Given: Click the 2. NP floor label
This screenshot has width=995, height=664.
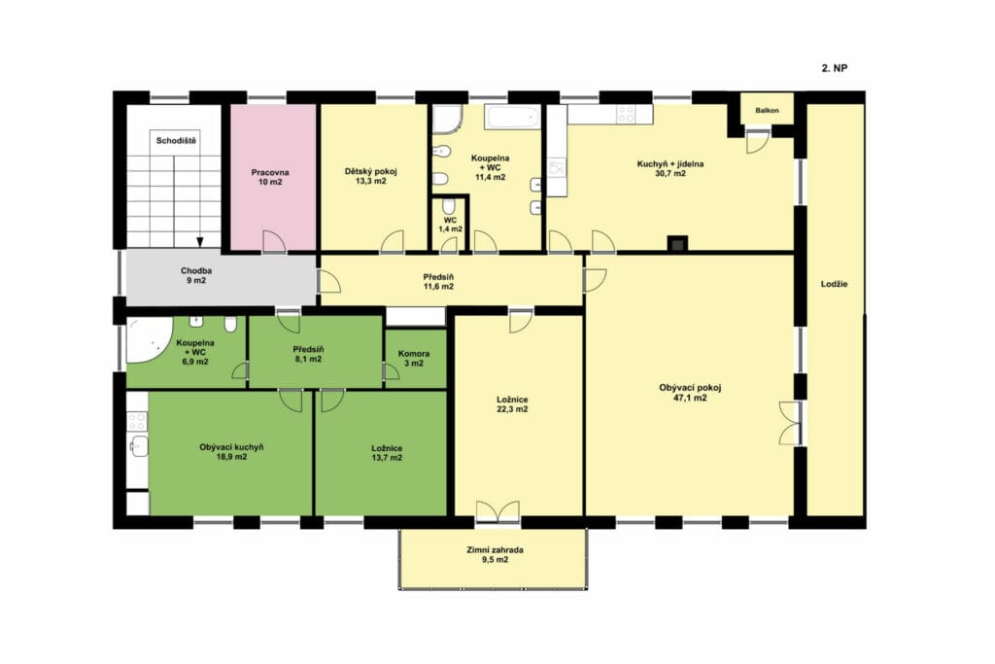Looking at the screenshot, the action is point(835,69).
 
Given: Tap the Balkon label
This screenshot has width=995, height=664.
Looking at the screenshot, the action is point(767,111).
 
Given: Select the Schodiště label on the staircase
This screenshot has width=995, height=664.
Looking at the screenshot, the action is point(176,141).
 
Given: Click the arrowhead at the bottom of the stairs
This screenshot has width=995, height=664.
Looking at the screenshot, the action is point(200,242).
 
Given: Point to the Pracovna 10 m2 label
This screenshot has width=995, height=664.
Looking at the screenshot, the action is point(270,177).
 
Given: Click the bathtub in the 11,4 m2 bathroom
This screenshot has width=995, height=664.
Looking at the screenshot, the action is point(513,118).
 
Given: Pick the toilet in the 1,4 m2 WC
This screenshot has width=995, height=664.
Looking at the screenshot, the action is point(450,207).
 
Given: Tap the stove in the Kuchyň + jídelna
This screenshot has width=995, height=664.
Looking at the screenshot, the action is point(626,114).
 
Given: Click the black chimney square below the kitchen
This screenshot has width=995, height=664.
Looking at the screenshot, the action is point(677,244).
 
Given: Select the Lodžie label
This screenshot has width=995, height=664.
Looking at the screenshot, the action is point(834,284).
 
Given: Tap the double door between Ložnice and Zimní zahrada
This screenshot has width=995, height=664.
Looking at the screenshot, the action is point(497,511).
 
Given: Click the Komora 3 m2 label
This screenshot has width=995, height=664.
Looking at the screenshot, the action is point(414,359).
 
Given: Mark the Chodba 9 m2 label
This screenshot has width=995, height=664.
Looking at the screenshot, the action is point(196,275).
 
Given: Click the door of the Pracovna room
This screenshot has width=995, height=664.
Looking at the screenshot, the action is point(273,241).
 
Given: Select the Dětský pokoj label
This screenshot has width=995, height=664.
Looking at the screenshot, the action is point(371,171).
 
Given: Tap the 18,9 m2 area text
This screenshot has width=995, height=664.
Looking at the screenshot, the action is point(231,456).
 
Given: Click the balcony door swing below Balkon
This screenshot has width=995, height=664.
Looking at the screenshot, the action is point(757,141).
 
